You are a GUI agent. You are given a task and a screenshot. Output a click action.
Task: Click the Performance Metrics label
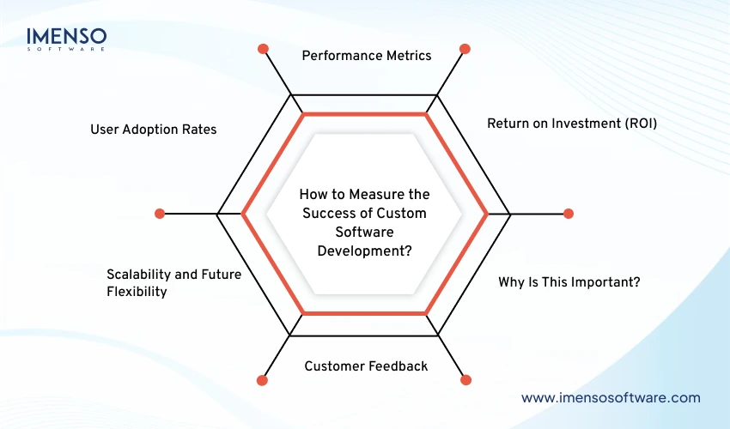(x=366, y=56)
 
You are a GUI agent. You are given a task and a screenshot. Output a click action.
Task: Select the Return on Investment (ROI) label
(x=571, y=124)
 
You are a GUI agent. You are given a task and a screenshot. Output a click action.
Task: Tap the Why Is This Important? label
(x=569, y=282)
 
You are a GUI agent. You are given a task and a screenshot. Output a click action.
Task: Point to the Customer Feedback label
(x=366, y=366)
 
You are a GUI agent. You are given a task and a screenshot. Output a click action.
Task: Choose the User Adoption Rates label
(x=154, y=130)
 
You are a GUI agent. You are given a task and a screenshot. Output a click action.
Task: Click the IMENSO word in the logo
(x=67, y=37)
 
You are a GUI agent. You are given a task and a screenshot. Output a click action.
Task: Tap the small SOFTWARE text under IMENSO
(x=67, y=50)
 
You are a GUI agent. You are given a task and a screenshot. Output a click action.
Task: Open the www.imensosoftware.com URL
(x=611, y=397)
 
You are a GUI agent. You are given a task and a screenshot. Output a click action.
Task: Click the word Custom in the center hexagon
(x=400, y=214)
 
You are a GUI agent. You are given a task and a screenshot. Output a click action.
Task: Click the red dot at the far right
(x=568, y=214)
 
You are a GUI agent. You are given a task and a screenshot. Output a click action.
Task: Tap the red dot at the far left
(x=159, y=214)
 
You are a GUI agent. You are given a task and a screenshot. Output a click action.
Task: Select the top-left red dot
(x=263, y=49)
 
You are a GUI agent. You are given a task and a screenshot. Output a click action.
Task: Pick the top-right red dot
(x=465, y=49)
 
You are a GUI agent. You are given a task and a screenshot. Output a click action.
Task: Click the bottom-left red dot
(x=263, y=378)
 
